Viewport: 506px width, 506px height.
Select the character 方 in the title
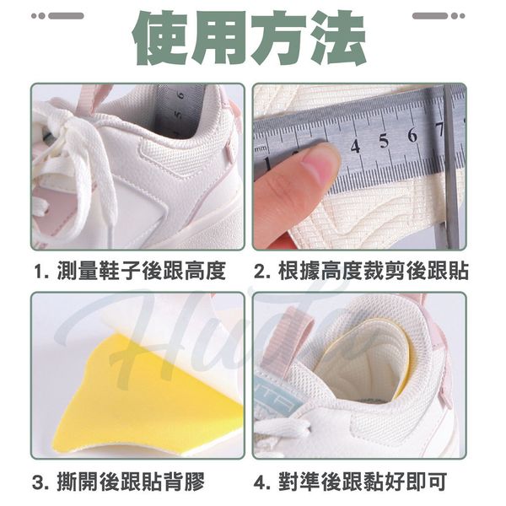279,38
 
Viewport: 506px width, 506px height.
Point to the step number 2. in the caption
264,272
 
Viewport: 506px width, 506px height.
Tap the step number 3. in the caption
41,482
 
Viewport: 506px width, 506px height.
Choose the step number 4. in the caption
264,482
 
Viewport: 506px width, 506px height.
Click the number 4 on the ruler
355,147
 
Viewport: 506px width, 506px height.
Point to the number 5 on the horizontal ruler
384,141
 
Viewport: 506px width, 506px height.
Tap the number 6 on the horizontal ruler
412,135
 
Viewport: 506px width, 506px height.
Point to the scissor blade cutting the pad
450,168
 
